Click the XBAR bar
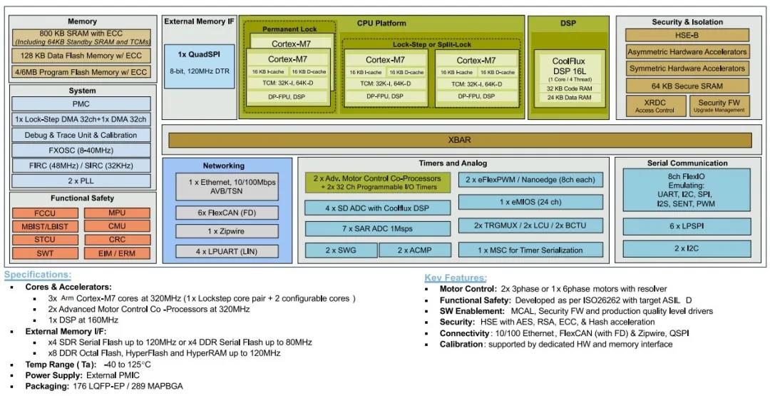pos(460,140)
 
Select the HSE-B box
pos(687,35)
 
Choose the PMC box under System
pos(82,104)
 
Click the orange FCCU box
pos(44,213)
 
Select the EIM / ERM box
pos(118,253)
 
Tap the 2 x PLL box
pos(82,181)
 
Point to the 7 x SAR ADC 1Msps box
pos(378,229)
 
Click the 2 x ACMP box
pos(414,250)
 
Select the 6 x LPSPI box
pos(687,226)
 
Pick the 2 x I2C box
pos(687,248)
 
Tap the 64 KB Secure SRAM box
pos(687,86)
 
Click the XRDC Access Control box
pos(654,106)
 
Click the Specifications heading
pos(37,275)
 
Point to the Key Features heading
pos(456,278)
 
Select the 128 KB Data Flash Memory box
pos(82,56)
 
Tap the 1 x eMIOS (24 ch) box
pos(530,202)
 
